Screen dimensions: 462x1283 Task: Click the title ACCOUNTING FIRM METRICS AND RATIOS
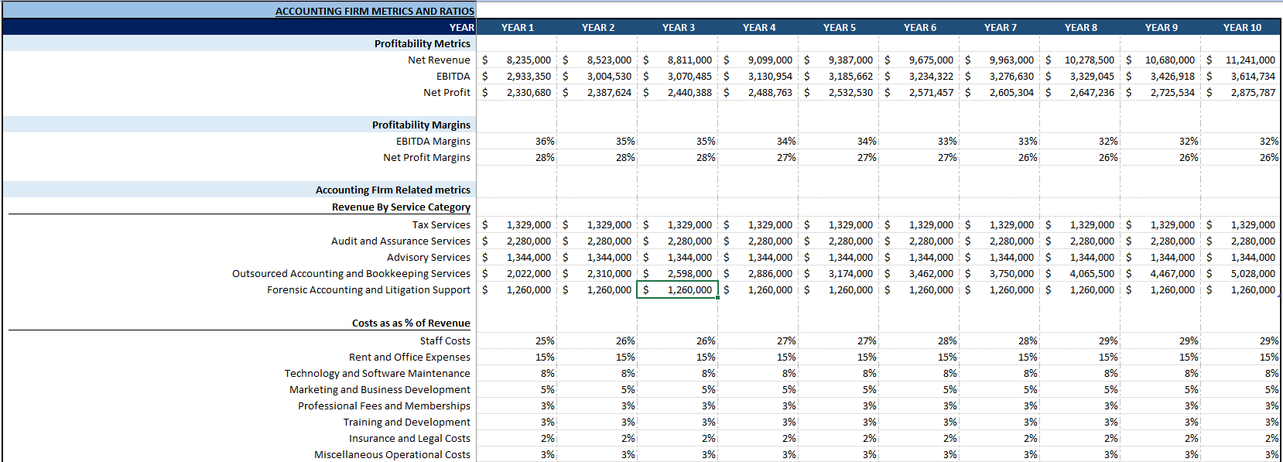375,11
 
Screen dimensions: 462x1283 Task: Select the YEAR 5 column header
840,27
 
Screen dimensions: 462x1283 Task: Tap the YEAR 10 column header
1242,27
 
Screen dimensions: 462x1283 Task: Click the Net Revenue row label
439,60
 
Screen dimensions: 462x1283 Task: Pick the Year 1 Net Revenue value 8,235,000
529,60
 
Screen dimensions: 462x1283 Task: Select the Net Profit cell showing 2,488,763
770,92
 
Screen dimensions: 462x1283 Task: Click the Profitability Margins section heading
421,125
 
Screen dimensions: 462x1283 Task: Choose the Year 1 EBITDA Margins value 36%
545,141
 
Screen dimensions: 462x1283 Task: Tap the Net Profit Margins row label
426,157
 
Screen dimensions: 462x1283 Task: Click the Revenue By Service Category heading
401,207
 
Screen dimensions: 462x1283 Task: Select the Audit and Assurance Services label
400,241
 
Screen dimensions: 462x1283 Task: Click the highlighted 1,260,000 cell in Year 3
689,289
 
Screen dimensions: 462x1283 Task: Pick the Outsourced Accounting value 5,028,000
1253,273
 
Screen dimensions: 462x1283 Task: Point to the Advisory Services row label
429,257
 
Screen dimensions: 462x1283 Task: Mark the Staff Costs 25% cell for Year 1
545,341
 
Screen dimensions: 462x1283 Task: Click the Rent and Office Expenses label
409,357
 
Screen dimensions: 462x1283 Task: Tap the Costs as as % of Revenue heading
411,323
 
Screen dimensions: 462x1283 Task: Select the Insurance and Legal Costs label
409,438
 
